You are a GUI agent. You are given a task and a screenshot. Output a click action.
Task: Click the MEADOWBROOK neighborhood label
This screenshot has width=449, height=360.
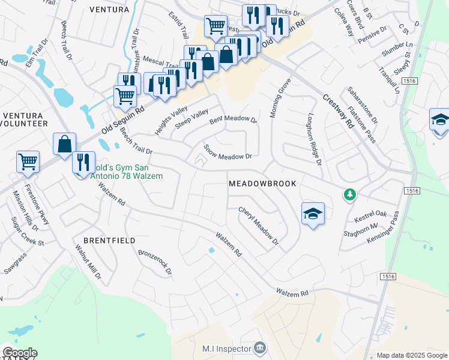(262, 184)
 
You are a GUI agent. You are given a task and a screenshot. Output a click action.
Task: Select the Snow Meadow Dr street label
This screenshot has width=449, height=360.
(226, 152)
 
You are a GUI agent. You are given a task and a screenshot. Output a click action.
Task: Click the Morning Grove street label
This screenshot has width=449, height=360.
(280, 98)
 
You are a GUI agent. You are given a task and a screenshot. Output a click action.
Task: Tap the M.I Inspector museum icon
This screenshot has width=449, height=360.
(259, 347)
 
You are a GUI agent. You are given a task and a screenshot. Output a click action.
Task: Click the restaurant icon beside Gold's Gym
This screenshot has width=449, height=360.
(83, 162)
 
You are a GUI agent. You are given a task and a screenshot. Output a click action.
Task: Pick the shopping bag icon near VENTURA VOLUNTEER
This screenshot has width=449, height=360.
(64, 145)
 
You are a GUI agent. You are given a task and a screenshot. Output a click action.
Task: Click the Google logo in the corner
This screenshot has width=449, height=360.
(19, 353)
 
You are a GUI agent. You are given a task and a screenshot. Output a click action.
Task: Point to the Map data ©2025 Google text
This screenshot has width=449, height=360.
(411, 355)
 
